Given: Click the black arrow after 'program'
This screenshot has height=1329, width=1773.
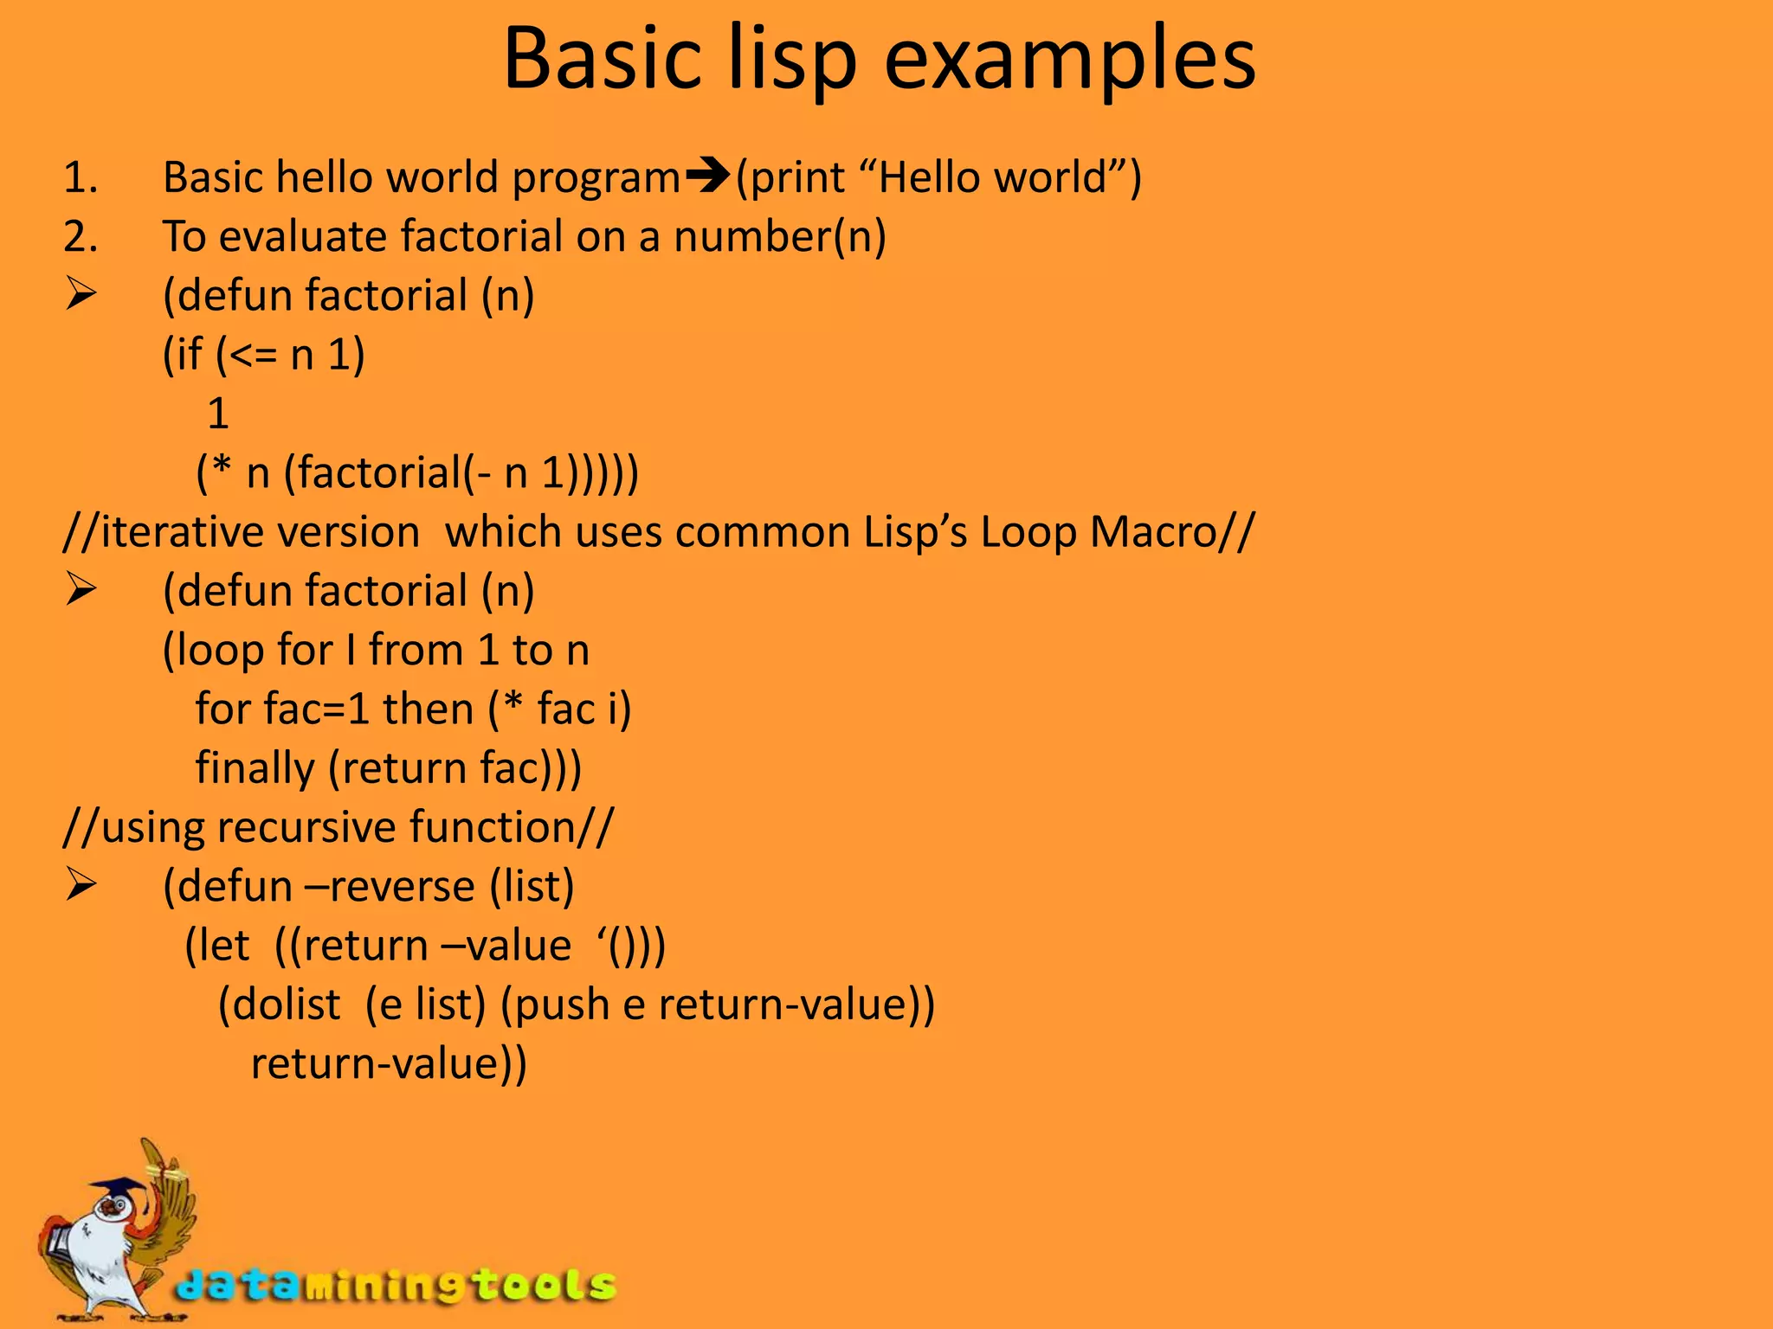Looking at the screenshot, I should tap(708, 177).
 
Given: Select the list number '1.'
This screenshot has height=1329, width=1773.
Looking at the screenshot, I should tap(81, 177).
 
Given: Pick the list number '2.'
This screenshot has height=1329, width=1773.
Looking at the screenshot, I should tap(81, 236).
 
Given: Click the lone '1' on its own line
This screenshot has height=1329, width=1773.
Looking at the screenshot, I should tap(218, 414).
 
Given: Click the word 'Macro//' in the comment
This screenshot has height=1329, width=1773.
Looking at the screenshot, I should tap(1171, 532).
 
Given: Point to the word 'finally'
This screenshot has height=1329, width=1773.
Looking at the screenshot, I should tap(255, 768).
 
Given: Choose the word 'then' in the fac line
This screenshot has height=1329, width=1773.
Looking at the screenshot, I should tap(429, 709).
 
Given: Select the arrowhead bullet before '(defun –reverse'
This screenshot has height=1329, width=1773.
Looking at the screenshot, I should tap(81, 886).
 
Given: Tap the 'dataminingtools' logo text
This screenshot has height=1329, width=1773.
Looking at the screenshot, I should tap(397, 1287).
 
